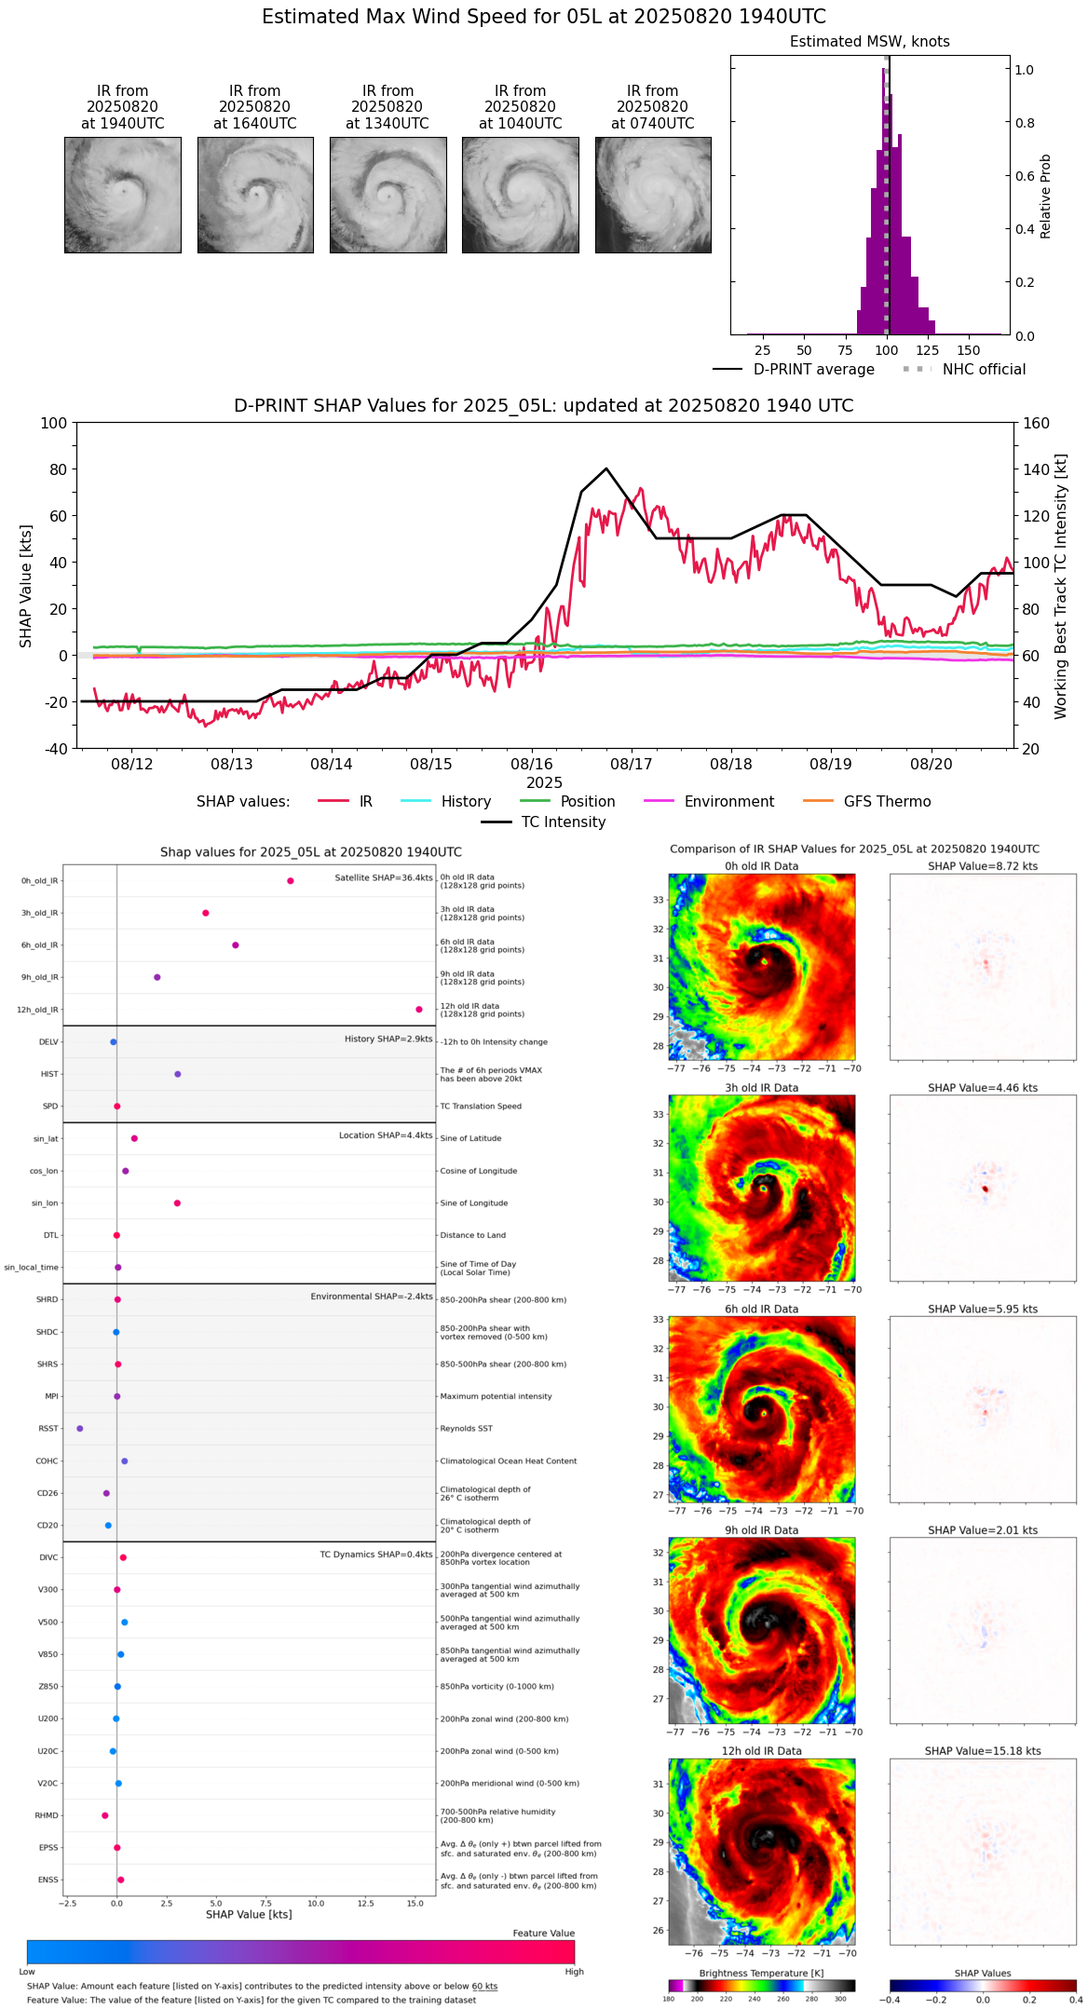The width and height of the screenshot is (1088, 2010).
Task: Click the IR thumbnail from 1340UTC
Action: tap(388, 195)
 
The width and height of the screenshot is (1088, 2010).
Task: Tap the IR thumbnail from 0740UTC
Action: tap(653, 195)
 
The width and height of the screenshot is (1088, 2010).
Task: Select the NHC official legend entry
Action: tap(984, 370)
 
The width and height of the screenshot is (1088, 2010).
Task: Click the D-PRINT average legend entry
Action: tap(813, 370)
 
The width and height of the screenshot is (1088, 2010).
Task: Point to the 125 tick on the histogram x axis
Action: tap(927, 350)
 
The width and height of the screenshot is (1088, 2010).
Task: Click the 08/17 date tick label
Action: tap(631, 764)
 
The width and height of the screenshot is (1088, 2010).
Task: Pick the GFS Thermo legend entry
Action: tap(887, 802)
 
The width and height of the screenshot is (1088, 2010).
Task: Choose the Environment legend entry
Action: tap(728, 802)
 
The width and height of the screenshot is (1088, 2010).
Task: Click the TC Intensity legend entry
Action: tap(563, 822)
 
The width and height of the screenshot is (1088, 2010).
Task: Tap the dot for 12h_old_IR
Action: tap(419, 1010)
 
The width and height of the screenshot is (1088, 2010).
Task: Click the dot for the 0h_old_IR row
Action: tap(291, 881)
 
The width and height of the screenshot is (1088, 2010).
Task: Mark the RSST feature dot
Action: tap(80, 1429)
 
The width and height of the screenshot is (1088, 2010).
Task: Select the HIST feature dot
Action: tap(178, 1074)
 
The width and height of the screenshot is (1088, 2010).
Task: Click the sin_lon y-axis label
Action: tap(45, 1203)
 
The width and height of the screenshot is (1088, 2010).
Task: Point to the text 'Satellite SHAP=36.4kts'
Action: tap(384, 878)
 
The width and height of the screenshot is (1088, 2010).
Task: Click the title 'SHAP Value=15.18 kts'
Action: tap(983, 1751)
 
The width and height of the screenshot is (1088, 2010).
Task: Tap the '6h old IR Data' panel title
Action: tap(761, 1309)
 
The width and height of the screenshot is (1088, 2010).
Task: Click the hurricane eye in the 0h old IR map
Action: tap(765, 961)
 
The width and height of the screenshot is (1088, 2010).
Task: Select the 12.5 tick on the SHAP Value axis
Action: tap(365, 1903)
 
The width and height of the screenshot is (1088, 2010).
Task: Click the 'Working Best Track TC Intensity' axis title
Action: tap(1061, 587)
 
